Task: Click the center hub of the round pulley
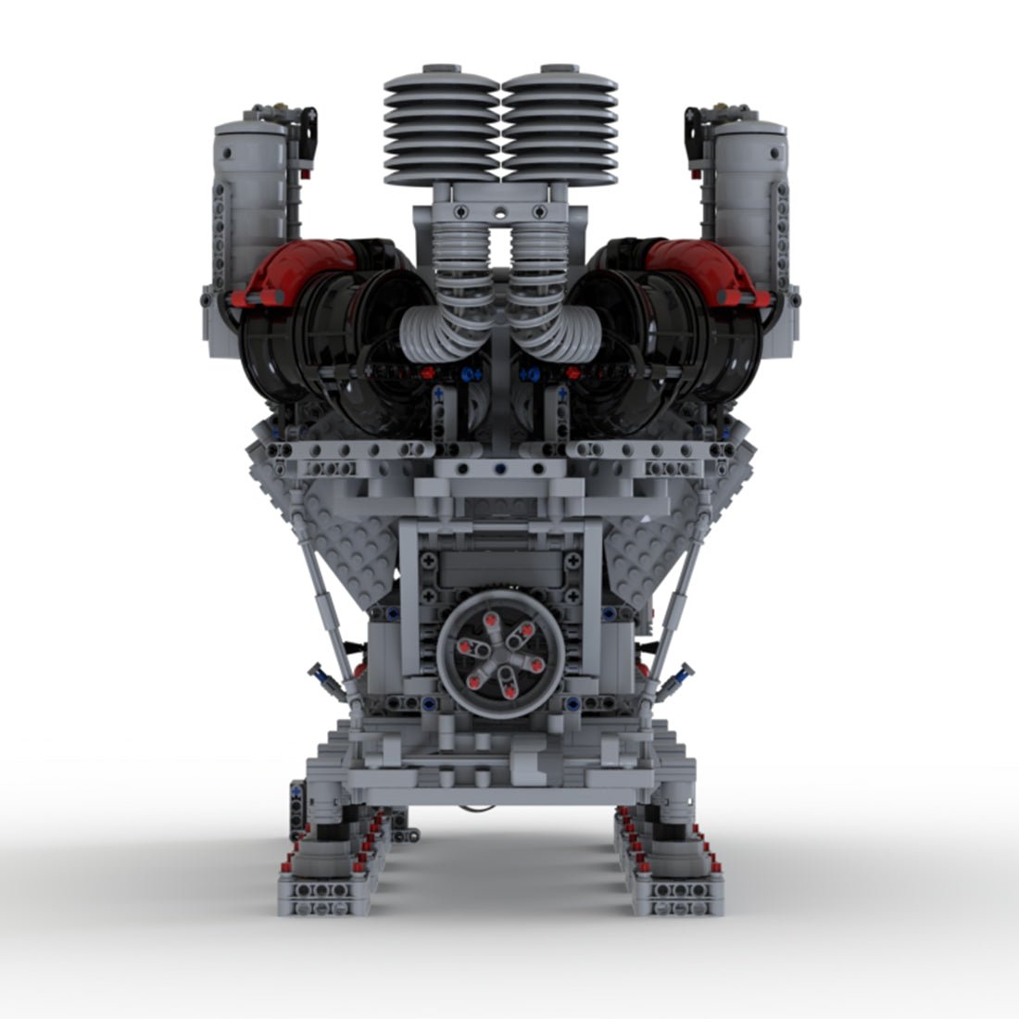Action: (500, 660)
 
